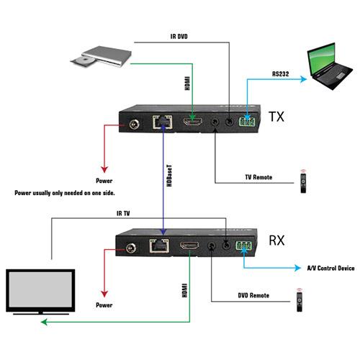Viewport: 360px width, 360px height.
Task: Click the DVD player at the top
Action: pos(101,57)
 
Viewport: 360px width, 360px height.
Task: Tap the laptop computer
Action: pos(330,66)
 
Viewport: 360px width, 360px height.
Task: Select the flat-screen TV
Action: pos(40,292)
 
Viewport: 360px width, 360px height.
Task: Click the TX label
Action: pos(276,117)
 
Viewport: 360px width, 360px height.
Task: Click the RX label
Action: pos(276,240)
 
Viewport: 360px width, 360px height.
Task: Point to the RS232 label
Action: pos(280,74)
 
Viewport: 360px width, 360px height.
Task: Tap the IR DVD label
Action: pos(179,37)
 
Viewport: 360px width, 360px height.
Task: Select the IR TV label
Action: pos(123,213)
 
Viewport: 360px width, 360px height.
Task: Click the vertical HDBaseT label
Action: pos(169,176)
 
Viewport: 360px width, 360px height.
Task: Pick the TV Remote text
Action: pos(258,177)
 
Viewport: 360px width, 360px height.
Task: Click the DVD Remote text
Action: pos(253,295)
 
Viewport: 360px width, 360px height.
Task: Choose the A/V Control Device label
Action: pos(330,268)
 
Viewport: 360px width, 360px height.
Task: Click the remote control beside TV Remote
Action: pos(303,181)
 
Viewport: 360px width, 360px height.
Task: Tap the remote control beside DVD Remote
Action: pos(300,300)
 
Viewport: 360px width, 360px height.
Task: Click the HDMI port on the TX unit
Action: pos(193,122)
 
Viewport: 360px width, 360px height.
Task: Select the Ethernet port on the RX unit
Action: pos(159,246)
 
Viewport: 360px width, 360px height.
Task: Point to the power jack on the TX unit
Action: pos(135,125)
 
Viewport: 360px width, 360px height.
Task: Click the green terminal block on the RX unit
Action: pos(244,246)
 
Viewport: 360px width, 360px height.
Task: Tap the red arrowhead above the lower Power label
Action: pos(104,294)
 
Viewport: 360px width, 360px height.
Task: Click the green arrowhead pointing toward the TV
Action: pos(44,322)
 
